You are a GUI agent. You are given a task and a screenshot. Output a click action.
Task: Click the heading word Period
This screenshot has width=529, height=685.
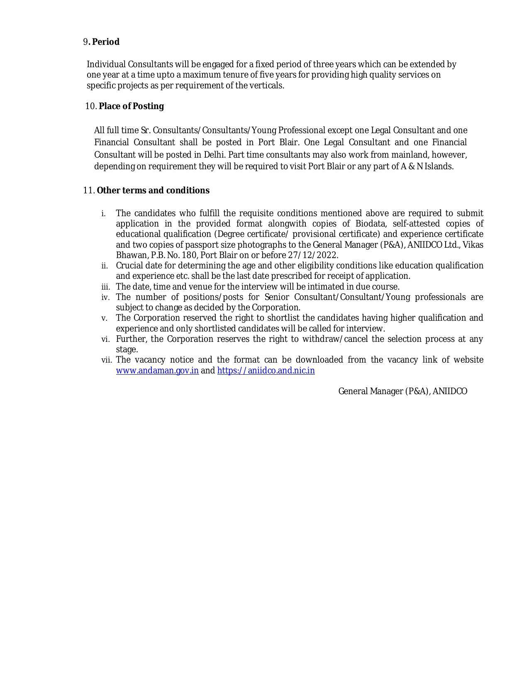click(x=106, y=42)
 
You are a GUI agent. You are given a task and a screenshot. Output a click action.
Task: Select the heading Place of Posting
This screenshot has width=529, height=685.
click(x=131, y=106)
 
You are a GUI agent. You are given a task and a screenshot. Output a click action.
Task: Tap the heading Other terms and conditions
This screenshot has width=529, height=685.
click(x=153, y=190)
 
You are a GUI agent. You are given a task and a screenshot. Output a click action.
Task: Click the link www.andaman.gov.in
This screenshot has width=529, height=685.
click(x=157, y=371)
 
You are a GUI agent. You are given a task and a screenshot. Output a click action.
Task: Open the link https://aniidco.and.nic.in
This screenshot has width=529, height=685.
click(x=266, y=371)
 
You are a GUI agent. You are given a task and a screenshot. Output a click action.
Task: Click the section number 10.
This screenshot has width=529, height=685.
click(x=90, y=106)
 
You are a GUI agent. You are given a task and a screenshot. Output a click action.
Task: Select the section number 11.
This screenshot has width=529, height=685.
click(x=88, y=190)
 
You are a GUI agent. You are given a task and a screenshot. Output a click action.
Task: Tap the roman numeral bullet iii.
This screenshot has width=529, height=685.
click(x=105, y=287)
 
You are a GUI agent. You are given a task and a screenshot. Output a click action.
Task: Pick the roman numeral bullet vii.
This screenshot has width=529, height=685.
click(x=106, y=360)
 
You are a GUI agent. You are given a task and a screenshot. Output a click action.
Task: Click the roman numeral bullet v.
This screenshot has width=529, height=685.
click(x=105, y=318)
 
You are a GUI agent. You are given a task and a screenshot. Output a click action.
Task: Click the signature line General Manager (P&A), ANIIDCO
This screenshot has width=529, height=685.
click(x=402, y=391)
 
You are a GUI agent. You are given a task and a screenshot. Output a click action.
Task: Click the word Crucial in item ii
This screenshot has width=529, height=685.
click(x=129, y=266)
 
